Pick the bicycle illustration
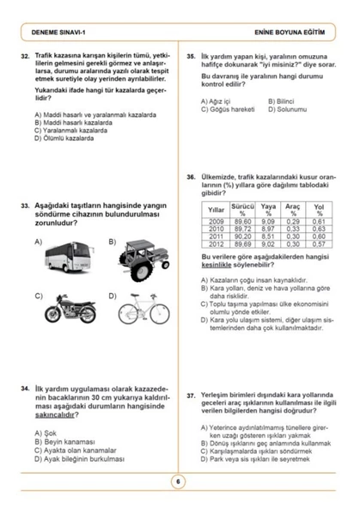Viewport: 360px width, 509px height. [142, 308]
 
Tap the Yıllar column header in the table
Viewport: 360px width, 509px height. [217, 211]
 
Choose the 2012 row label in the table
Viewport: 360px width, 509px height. [217, 244]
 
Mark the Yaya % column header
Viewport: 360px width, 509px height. [268, 211]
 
